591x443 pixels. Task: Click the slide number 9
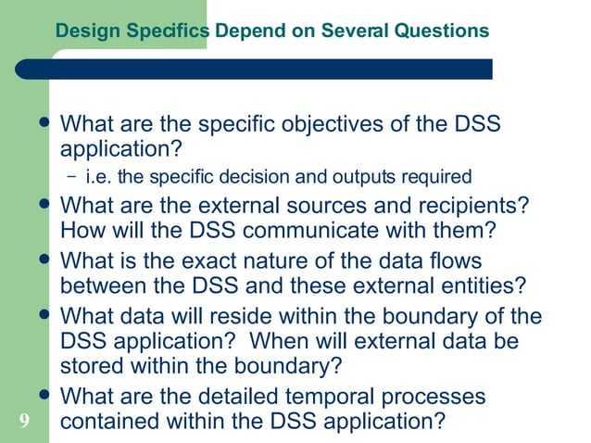[x=23, y=423]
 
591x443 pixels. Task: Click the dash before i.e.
[x=73, y=176]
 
